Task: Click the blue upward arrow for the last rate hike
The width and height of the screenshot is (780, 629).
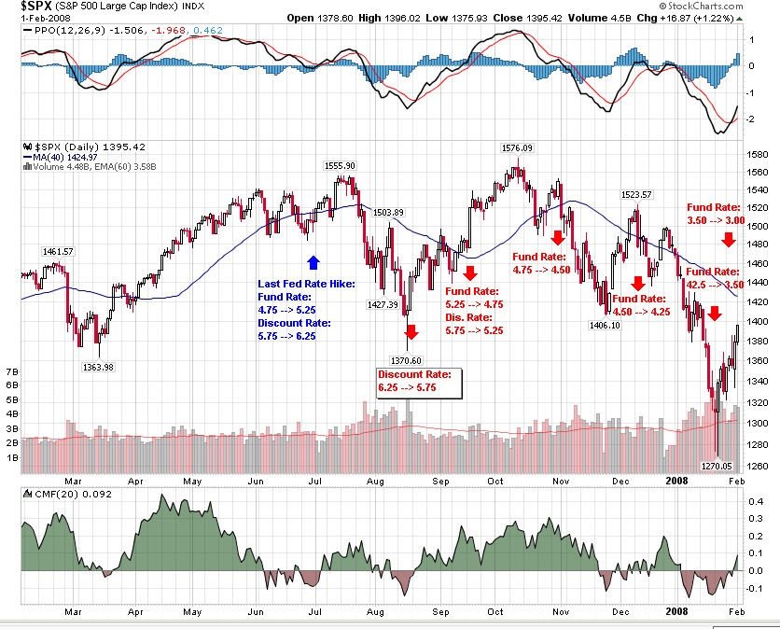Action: click(x=313, y=262)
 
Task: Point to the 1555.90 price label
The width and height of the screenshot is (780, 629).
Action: click(x=339, y=165)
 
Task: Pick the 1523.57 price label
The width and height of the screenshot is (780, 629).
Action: click(x=639, y=194)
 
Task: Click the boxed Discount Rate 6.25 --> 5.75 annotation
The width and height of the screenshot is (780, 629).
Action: click(x=414, y=381)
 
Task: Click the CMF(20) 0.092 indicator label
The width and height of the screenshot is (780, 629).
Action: click(x=58, y=493)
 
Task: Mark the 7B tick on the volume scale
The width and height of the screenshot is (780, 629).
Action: click(x=12, y=370)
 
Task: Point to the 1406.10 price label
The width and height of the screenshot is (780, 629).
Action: click(x=604, y=325)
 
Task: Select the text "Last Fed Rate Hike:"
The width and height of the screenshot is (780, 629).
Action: click(x=306, y=283)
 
